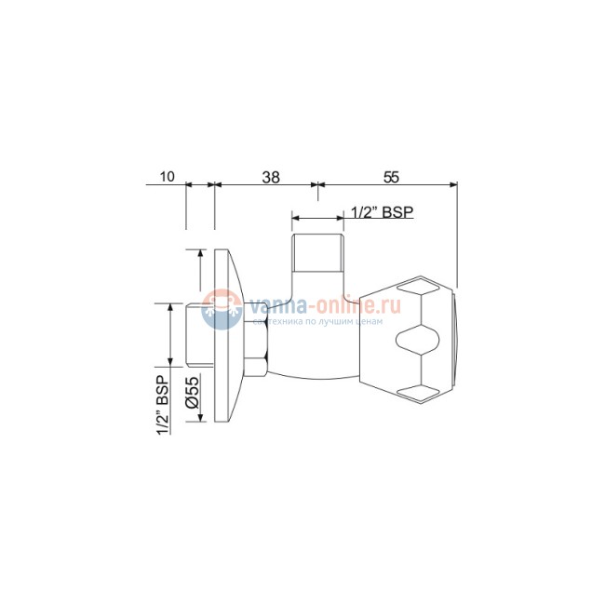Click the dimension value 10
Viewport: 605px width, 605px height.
click(x=167, y=177)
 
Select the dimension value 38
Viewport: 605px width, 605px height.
click(x=271, y=177)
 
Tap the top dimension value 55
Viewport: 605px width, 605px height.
click(x=391, y=177)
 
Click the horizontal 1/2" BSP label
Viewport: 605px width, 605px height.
click(x=382, y=212)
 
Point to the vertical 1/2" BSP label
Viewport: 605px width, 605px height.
click(x=163, y=405)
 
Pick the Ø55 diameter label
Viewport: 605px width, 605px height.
click(x=192, y=392)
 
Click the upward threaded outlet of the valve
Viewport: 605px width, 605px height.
click(x=317, y=253)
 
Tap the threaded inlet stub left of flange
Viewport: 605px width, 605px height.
click(x=199, y=335)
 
